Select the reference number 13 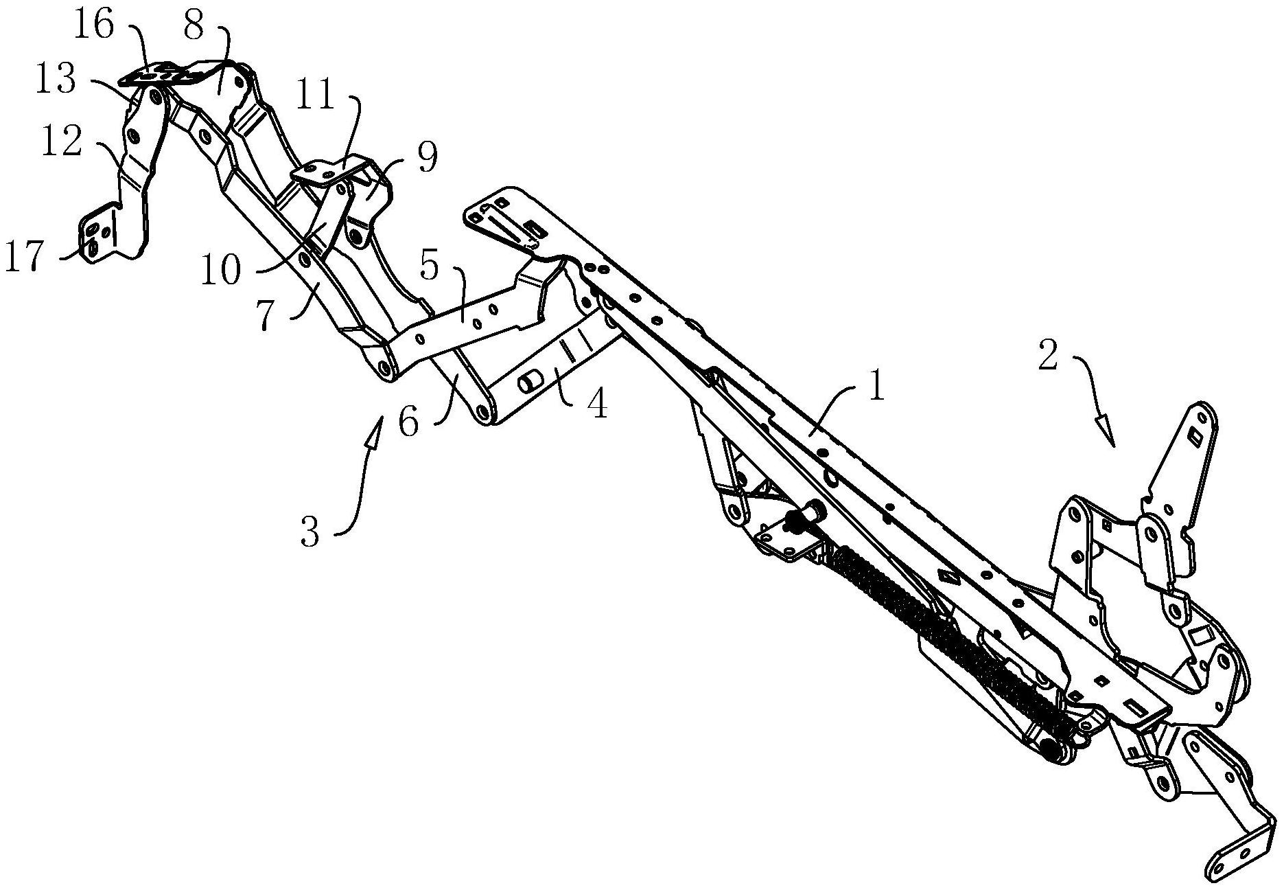click(56, 79)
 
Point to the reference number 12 click(63, 143)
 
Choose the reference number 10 click(221, 270)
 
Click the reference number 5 click(429, 265)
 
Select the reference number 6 click(408, 421)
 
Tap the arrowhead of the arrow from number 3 click(375, 434)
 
